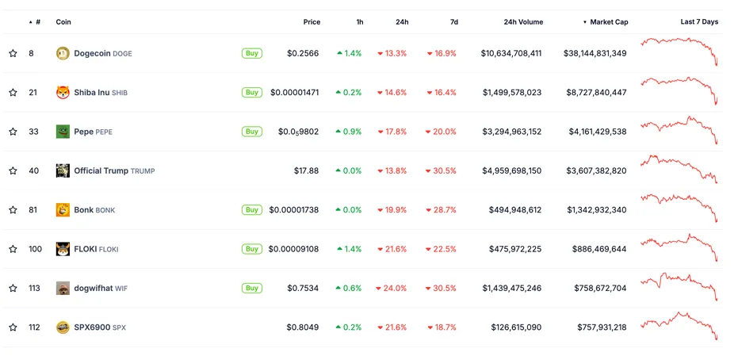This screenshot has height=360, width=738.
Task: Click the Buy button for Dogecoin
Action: pos(252,53)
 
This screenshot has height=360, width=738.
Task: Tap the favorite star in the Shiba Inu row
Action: pos(13,93)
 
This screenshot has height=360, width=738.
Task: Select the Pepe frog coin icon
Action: pos(63,132)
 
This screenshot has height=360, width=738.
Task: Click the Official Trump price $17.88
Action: pos(306,170)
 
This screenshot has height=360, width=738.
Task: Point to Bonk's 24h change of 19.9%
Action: pos(392,210)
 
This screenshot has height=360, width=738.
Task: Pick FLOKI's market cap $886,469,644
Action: pos(599,249)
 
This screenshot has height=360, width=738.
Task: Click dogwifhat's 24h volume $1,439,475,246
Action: pos(511,289)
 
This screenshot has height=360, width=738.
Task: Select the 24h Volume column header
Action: pos(522,22)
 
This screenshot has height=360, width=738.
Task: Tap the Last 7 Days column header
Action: pos(699,22)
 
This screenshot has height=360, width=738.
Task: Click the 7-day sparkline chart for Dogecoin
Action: pos(679,50)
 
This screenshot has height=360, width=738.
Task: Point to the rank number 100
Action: pos(35,249)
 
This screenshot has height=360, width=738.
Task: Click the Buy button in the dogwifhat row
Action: pos(252,288)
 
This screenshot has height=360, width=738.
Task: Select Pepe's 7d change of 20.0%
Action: pos(442,132)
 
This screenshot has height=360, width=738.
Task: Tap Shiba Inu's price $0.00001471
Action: pos(294,93)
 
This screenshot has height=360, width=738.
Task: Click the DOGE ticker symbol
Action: pos(122,54)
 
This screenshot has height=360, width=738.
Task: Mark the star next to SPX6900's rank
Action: pos(13,327)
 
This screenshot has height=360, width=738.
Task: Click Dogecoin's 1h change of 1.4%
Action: pos(349,54)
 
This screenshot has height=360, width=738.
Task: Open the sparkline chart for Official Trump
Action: pos(679,169)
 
